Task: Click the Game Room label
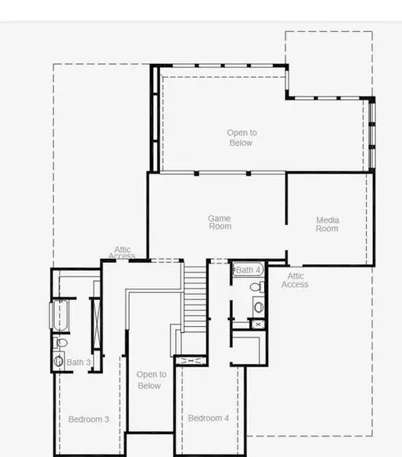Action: (x=219, y=222)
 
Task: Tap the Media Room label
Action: (x=327, y=225)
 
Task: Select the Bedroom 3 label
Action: (x=88, y=419)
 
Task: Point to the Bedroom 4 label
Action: (x=208, y=418)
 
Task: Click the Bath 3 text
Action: (x=78, y=363)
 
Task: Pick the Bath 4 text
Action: (x=248, y=270)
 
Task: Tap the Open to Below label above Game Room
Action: (x=241, y=138)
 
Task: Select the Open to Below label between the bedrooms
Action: (x=151, y=379)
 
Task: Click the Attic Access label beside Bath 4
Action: (x=295, y=280)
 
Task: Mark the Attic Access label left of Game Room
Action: (x=123, y=253)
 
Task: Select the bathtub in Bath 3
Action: (x=59, y=316)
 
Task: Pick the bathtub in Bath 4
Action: (x=247, y=270)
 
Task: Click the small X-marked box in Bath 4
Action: (x=259, y=324)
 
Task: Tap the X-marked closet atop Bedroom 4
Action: (x=190, y=360)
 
